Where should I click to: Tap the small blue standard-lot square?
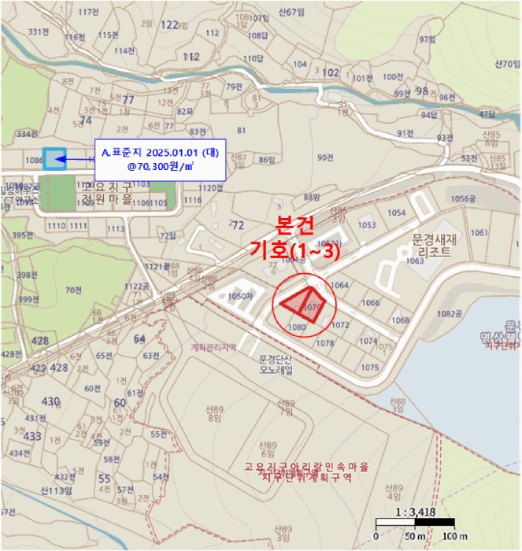click(x=54, y=159)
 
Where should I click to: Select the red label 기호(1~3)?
click(x=291, y=250)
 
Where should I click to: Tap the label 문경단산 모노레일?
click(x=276, y=364)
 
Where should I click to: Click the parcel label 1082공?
click(x=450, y=313)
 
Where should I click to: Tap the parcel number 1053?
click(x=367, y=226)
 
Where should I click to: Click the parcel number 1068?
click(x=401, y=320)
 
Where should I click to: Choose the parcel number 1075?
click(x=371, y=368)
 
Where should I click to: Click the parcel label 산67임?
click(x=291, y=12)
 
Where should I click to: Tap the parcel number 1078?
click(x=324, y=343)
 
